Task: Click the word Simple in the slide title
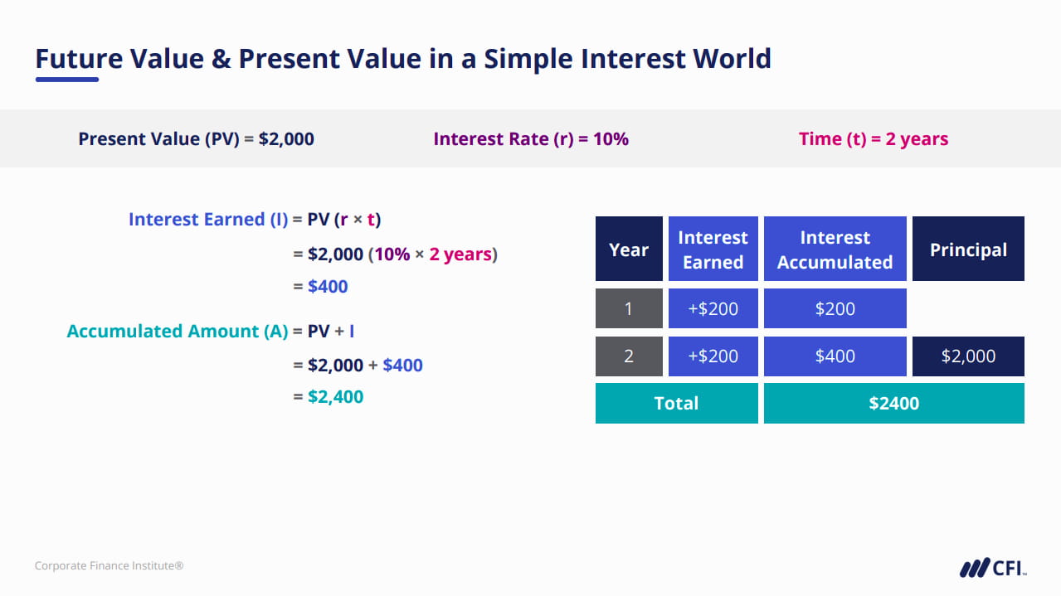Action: click(528, 60)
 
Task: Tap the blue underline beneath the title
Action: click(67, 80)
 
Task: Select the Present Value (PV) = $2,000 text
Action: click(196, 139)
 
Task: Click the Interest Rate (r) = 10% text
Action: click(531, 139)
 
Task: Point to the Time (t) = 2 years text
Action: click(874, 139)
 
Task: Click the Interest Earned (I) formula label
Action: click(208, 220)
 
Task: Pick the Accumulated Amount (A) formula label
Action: click(178, 332)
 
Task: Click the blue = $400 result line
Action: click(321, 287)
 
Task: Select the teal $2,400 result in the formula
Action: click(335, 397)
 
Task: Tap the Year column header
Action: click(629, 249)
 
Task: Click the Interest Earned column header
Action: click(713, 249)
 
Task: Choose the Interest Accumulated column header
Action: click(835, 249)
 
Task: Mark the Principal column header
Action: click(968, 249)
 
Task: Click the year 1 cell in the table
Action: click(629, 308)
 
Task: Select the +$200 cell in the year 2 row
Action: click(713, 356)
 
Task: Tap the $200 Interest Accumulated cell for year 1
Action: click(835, 308)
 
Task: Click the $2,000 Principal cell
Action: click(968, 356)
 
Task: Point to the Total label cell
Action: click(676, 404)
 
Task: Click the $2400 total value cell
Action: click(893, 404)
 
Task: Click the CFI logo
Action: click(993, 568)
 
